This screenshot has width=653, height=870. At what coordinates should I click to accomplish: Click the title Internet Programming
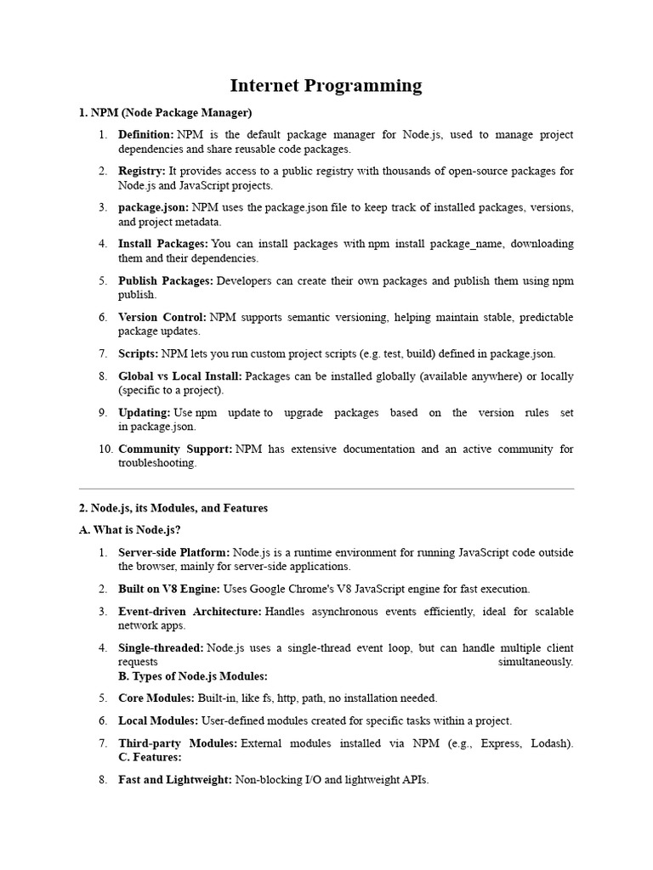click(326, 85)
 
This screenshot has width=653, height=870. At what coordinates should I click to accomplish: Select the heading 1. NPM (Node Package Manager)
click(165, 112)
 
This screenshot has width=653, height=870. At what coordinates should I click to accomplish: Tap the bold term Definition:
click(146, 134)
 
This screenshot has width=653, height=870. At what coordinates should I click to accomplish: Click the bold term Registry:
click(142, 171)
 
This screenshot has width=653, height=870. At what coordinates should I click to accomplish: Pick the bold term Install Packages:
click(163, 244)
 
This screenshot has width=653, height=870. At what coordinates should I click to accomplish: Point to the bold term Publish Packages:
click(166, 280)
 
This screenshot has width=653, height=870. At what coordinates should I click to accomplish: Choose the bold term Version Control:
click(162, 317)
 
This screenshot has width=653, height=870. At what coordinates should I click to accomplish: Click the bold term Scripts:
click(139, 353)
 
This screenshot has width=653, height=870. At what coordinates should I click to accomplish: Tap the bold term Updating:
click(145, 412)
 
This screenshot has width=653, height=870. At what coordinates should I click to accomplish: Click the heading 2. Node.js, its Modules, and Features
click(173, 508)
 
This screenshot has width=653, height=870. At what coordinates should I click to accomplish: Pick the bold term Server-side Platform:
click(174, 552)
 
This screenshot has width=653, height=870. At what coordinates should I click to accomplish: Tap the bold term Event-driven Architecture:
click(190, 611)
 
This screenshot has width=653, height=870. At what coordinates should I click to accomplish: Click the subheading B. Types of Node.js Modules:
click(193, 676)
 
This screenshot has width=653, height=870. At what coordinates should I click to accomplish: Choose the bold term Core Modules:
click(156, 698)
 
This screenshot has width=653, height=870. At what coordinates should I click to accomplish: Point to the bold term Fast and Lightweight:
click(175, 779)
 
